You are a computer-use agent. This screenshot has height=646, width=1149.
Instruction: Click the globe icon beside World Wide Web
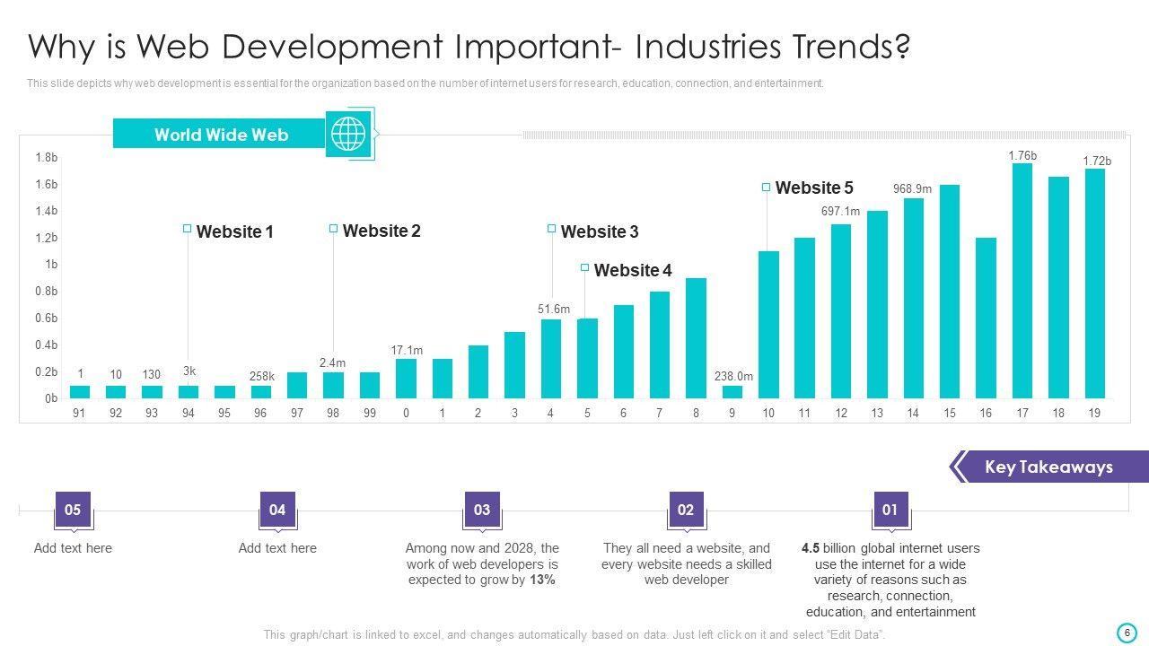point(349,135)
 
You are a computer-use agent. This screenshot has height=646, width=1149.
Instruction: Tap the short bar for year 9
point(732,392)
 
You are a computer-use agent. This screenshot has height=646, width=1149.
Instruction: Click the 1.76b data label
point(1022,155)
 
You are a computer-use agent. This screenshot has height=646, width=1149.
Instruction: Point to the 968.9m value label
point(912,189)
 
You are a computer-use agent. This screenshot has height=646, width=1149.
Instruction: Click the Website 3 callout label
point(599,232)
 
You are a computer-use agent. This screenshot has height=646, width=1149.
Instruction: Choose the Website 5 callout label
point(813,188)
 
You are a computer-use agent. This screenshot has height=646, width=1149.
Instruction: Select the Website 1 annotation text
point(234,232)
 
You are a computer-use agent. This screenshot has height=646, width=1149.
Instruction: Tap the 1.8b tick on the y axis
point(47,158)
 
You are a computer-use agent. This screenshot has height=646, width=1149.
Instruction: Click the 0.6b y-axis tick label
point(47,319)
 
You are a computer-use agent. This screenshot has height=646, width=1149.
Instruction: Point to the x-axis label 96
point(260,413)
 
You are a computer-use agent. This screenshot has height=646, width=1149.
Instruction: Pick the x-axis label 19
point(1093,413)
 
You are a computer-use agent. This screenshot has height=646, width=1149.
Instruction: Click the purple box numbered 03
point(482,510)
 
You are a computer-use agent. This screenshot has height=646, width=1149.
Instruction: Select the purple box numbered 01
point(890,510)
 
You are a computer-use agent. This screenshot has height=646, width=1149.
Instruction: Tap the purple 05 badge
point(73,510)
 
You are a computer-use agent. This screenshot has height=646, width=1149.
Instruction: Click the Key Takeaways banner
point(1048,467)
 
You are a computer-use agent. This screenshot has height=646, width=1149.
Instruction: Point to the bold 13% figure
point(542,581)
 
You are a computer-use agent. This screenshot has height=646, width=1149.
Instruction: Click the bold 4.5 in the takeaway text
point(811,548)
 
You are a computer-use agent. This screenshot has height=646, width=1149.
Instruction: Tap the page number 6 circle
point(1127,633)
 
